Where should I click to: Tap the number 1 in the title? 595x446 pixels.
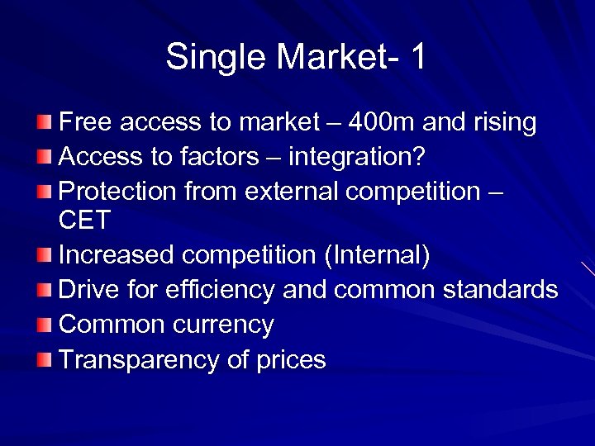[x=417, y=57]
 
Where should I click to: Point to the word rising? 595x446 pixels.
[x=504, y=123]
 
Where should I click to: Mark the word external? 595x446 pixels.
[x=286, y=191]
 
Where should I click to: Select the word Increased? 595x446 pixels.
[x=118, y=255]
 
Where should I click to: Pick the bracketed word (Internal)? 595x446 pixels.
[x=378, y=255]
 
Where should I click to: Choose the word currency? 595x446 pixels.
[x=223, y=325]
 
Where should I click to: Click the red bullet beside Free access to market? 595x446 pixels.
[x=45, y=123]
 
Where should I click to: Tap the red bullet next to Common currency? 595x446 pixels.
[x=45, y=325]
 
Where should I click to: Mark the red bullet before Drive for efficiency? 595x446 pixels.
[x=45, y=290]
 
